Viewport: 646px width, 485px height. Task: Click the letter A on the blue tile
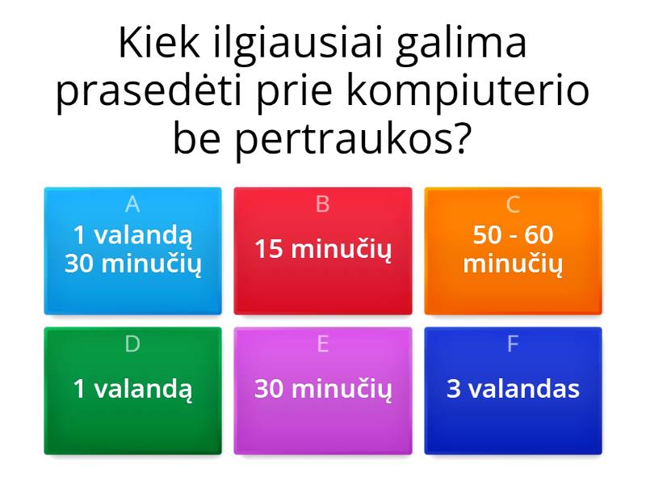[x=132, y=205]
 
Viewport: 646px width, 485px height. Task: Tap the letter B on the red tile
[x=323, y=205]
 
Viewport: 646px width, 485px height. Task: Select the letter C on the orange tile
[x=513, y=205]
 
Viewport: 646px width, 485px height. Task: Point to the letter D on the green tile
[x=132, y=344]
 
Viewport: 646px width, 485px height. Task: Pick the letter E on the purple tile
[x=323, y=344]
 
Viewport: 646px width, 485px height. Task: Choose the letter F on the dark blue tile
[x=513, y=344]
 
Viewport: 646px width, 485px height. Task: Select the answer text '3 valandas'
[x=513, y=389]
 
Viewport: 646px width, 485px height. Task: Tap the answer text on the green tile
[x=132, y=389]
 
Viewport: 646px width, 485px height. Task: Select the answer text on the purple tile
[x=323, y=389]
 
